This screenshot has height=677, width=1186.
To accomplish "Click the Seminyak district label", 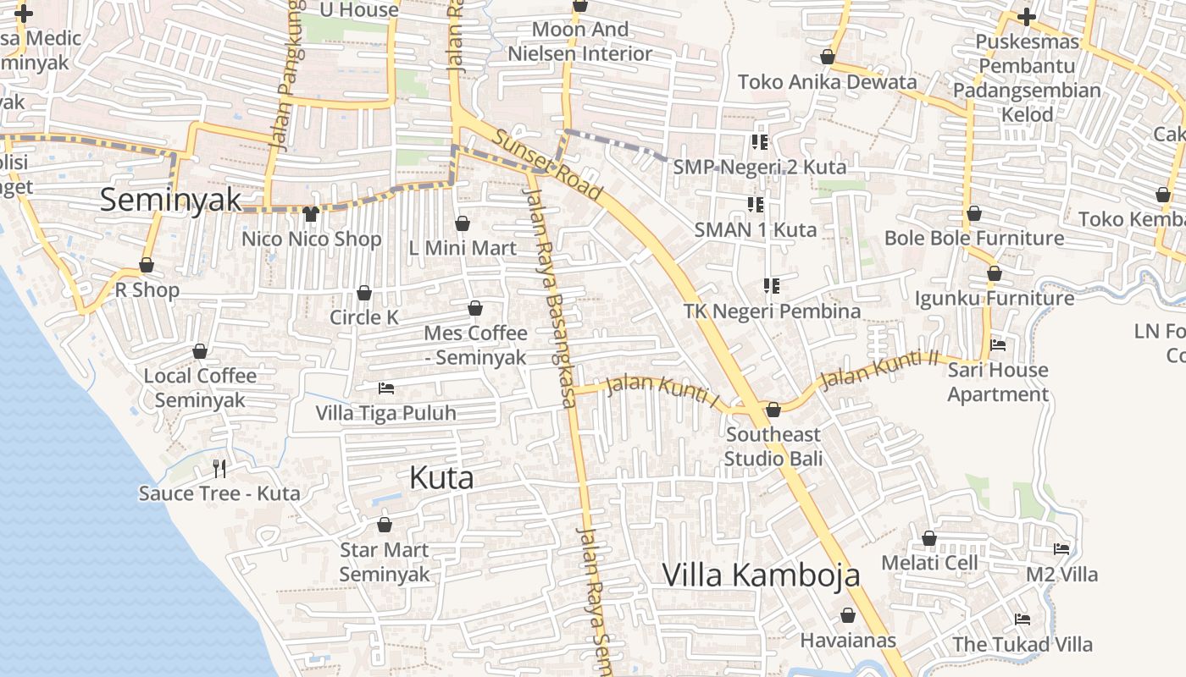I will (x=170, y=200).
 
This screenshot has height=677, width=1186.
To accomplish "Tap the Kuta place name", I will (x=441, y=478).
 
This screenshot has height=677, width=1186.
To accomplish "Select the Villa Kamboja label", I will (x=761, y=575).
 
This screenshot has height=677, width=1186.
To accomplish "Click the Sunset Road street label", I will (x=548, y=165).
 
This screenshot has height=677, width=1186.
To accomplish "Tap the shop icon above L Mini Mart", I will (x=463, y=223).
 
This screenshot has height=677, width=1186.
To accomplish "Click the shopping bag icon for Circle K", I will (x=364, y=293).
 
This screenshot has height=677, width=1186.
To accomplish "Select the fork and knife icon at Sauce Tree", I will (x=219, y=468).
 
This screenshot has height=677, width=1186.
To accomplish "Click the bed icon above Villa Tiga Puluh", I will (x=386, y=388).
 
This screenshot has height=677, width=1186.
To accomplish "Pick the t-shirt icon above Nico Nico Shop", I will (x=311, y=214).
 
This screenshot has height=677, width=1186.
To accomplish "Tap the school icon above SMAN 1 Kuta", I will (x=755, y=204).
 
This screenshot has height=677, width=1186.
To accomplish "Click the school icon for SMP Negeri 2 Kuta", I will (x=759, y=141).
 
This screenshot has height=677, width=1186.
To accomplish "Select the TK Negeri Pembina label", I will (x=772, y=311).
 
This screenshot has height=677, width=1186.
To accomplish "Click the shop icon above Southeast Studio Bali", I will (x=773, y=410).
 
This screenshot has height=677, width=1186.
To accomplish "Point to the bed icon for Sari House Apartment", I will (x=998, y=345).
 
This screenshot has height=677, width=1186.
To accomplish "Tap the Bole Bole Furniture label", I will (x=974, y=238).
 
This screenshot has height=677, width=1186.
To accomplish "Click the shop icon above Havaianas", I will (x=848, y=615).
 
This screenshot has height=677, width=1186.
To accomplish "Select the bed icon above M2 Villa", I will (x=1061, y=549).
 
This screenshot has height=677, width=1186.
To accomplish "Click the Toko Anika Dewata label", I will (x=827, y=82).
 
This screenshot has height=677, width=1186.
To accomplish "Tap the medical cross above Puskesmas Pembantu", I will (x=1027, y=16).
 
